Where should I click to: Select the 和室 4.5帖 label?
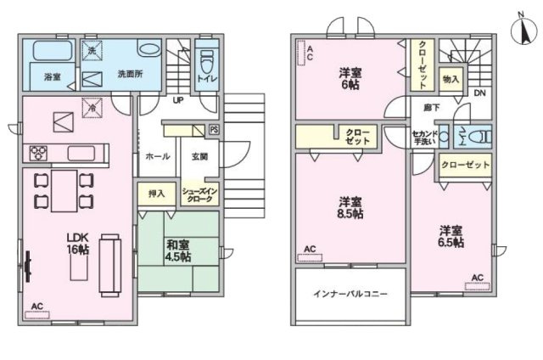click(177, 251)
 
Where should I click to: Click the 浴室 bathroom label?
click(51, 76)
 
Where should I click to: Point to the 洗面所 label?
click(130, 74)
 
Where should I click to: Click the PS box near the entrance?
click(213, 130)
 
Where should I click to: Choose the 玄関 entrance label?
click(200, 157)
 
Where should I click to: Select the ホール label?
click(157, 157)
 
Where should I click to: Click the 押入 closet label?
click(156, 194)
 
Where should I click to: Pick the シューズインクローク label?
click(201, 194)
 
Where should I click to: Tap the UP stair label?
click(178, 100)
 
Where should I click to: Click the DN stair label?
click(479, 93)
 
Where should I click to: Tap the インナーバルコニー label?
click(350, 294)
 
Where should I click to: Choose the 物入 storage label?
click(451, 79)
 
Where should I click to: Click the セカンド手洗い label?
click(423, 138)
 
